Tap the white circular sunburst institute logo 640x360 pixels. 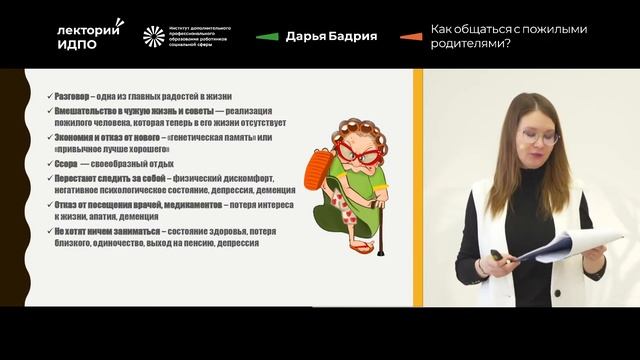pyautogui.click(x=154, y=37)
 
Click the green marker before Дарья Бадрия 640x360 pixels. pyautogui.click(x=266, y=37)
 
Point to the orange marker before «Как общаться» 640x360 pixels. pyautogui.click(x=409, y=37)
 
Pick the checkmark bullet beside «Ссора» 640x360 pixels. pyautogui.click(x=50, y=163)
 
